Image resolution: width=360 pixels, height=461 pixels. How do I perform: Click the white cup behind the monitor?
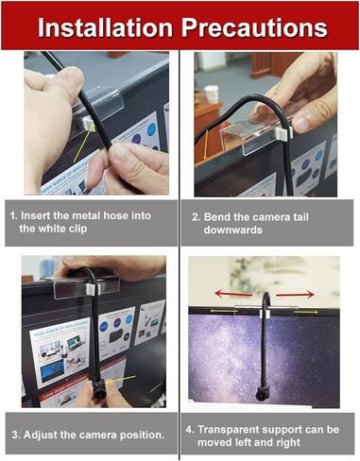[212, 94]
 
